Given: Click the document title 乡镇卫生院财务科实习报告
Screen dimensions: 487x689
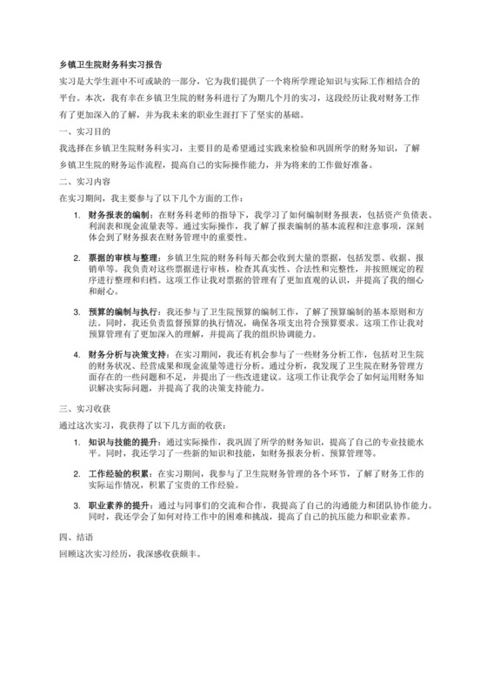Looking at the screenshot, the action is (110, 64).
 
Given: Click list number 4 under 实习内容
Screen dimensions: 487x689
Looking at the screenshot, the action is (76, 356).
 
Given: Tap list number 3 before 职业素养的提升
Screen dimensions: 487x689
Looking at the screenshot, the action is (76, 505).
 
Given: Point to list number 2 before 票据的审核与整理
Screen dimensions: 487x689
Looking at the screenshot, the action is (76, 259).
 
